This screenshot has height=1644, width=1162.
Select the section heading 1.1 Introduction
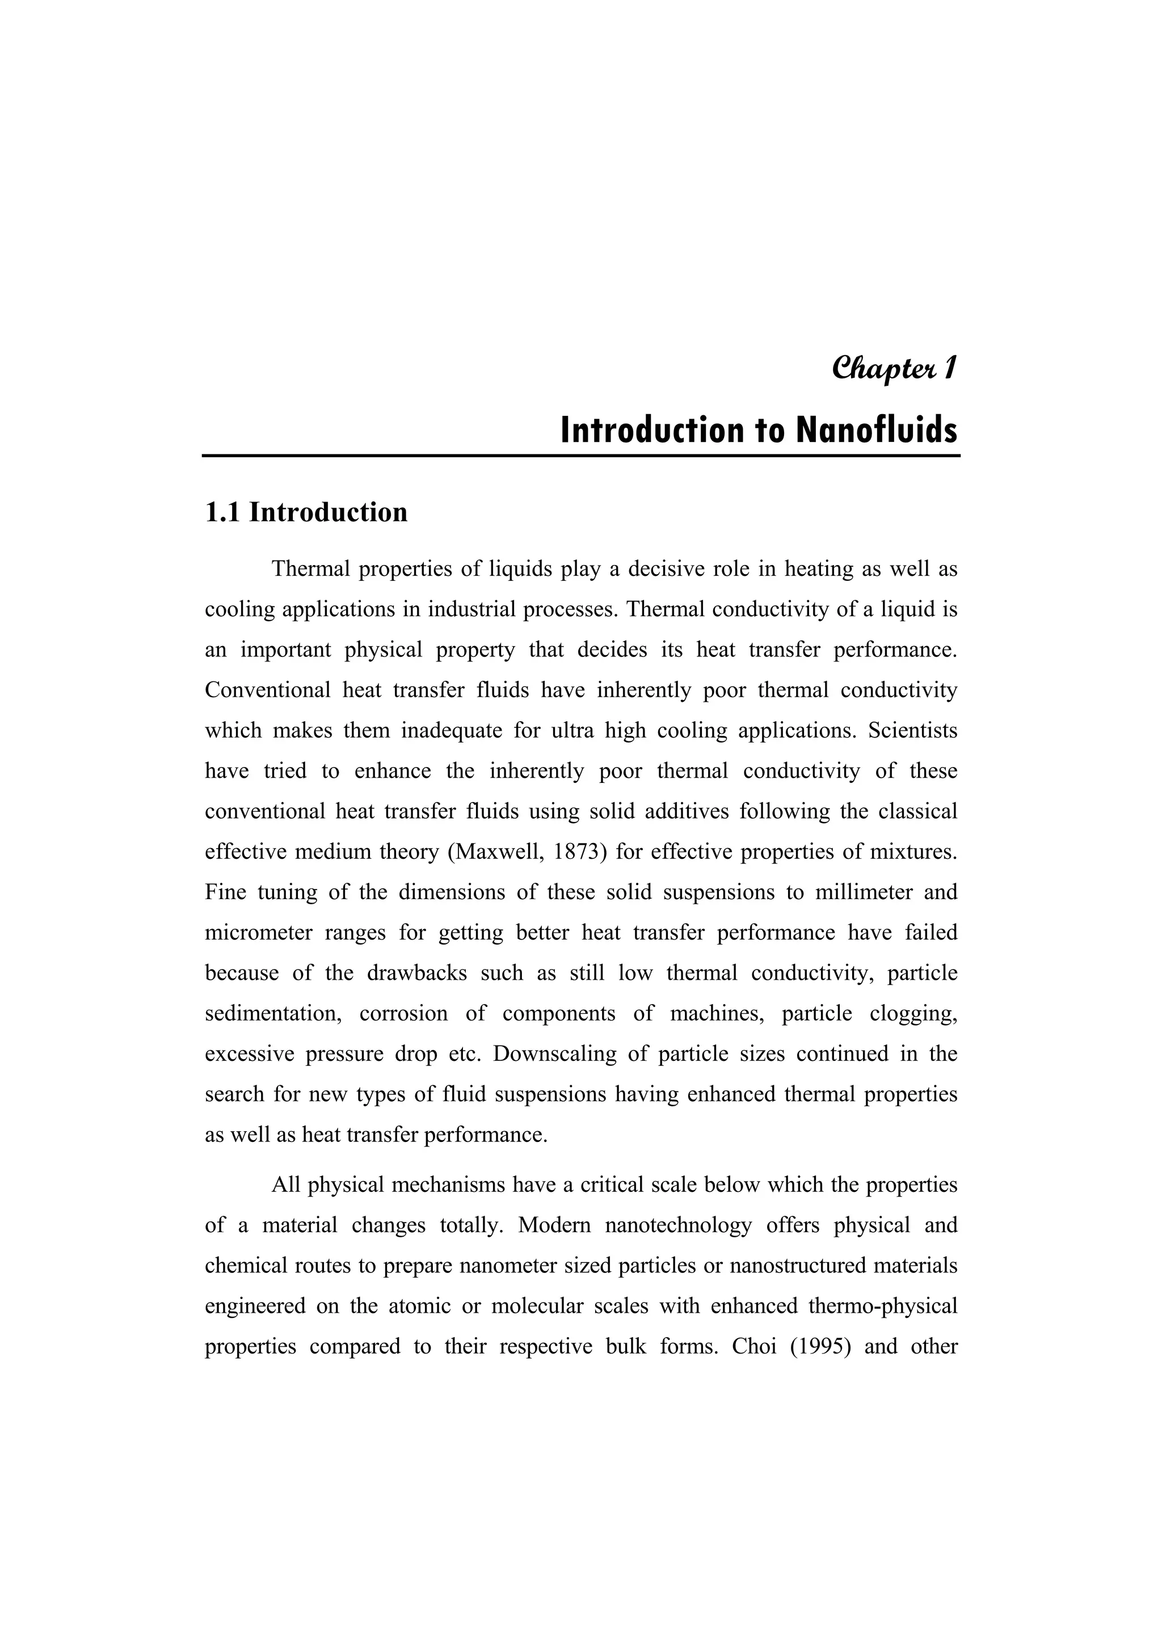point(306,513)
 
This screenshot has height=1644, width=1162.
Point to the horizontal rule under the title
point(580,456)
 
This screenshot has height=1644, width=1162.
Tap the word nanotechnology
point(678,1226)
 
